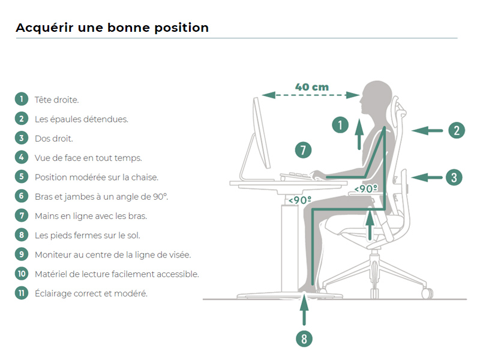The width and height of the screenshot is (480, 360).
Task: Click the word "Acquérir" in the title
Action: click(44, 28)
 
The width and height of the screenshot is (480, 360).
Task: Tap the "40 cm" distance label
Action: click(312, 87)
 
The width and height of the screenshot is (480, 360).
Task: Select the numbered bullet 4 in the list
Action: click(22, 157)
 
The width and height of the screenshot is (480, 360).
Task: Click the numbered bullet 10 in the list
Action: click(22, 274)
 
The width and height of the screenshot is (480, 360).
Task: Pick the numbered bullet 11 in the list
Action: click(22, 293)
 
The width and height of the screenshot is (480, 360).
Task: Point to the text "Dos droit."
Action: click(54, 139)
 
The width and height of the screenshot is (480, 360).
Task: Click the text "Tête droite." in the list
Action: click(56, 100)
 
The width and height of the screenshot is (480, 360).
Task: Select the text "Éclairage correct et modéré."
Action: click(91, 293)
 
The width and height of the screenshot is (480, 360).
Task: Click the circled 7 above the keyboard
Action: click(303, 150)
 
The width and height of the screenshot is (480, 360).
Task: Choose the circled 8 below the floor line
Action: click(304, 339)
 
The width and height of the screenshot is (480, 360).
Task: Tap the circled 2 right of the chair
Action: click(457, 130)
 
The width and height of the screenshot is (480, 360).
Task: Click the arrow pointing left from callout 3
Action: click(427, 177)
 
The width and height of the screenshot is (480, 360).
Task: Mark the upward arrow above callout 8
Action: click(304, 310)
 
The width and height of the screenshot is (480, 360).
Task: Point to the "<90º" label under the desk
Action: click(299, 200)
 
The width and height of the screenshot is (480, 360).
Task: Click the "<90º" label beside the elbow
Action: click(366, 188)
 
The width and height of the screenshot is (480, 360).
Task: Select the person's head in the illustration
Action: click(376, 97)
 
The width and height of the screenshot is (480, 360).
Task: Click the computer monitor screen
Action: click(261, 133)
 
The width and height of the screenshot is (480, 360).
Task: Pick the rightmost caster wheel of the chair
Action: click(427, 293)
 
